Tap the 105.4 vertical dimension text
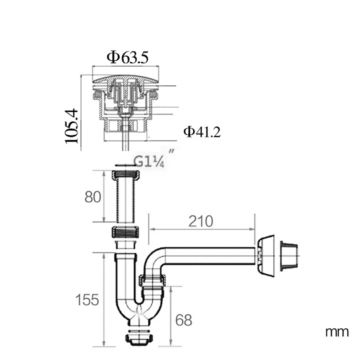(x=72, y=126)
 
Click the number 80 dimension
(x=93, y=197)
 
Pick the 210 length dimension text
(x=201, y=221)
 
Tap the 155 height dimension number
(x=87, y=300)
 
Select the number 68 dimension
(x=184, y=320)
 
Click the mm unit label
(x=337, y=332)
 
